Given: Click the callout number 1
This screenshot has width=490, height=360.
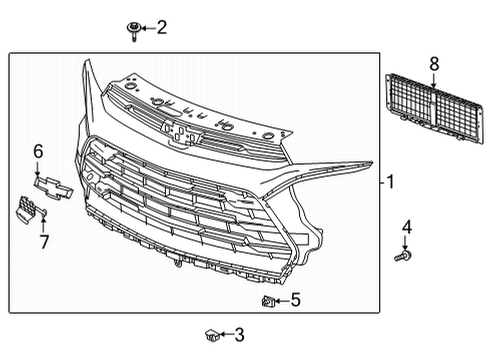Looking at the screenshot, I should click(391, 182).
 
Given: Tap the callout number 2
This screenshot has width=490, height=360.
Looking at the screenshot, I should click(163, 28).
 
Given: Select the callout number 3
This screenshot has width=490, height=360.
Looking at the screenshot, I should click(239, 335).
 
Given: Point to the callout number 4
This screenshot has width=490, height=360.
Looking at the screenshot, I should click(406, 229).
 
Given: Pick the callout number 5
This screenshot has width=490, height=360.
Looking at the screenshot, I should click(296, 298).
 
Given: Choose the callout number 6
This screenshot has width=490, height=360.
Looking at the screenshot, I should click(38, 151).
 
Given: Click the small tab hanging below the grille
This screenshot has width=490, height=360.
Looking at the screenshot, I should click(176, 264).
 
